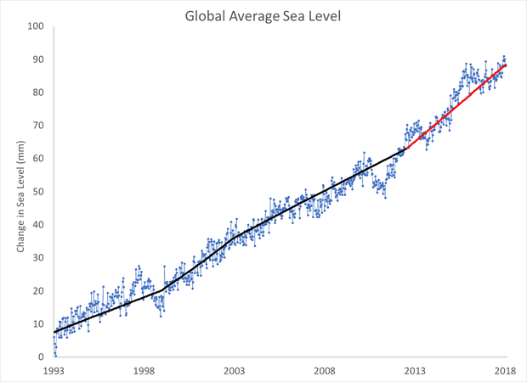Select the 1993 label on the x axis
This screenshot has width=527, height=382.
point(54,371)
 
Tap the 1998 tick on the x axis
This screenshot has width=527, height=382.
point(144,371)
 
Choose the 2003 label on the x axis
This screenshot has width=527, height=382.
point(235,371)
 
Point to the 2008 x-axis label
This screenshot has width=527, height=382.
point(325,371)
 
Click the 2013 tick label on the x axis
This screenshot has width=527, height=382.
point(416,371)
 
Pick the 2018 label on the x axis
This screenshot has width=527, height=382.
point(506,371)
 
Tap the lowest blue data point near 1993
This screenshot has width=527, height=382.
point(56,355)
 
